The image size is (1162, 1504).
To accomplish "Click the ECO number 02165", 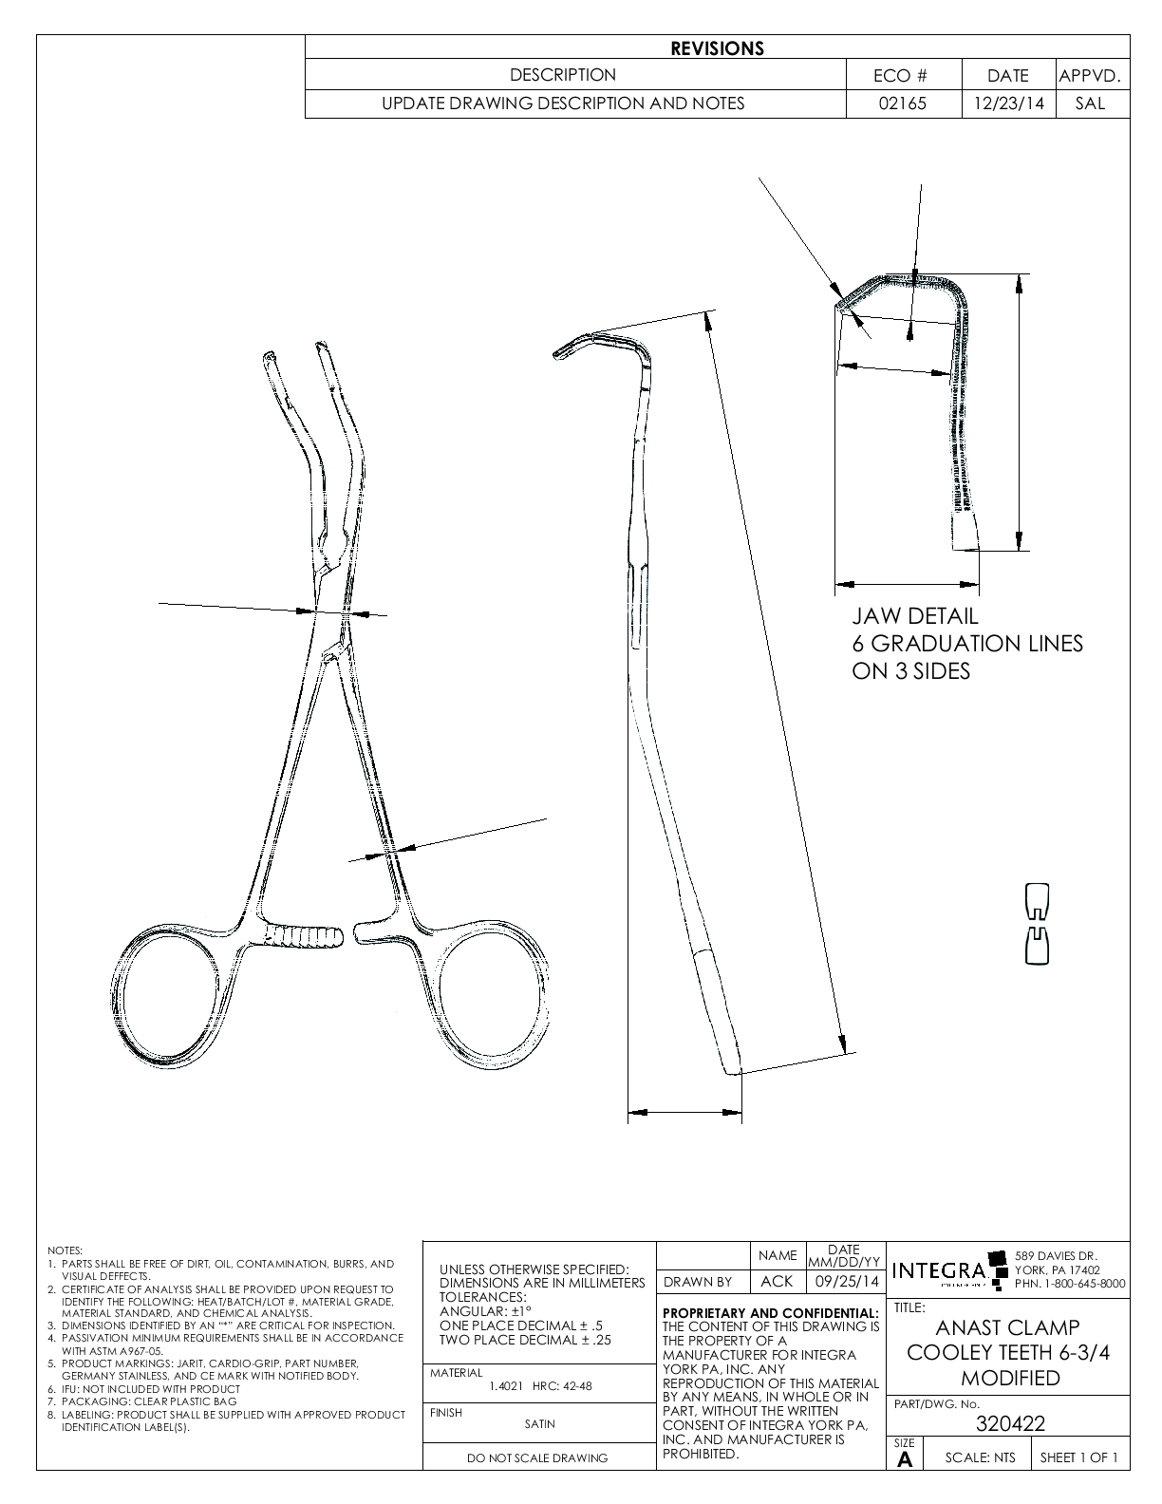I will pos(903,103).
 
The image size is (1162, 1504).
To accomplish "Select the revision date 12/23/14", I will pos(1008,103).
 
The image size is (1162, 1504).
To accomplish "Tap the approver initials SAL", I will pos(1091,103).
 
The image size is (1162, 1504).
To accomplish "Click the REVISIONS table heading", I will pos(717,48).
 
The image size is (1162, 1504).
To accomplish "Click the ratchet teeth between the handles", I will pos(303,936).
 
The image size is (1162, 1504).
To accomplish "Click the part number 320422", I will pos(1010,1423).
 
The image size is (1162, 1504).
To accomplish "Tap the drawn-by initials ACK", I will pos(777,1281).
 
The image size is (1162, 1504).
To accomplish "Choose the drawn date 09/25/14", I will pos(844,1281).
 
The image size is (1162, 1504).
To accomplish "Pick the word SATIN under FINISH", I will pos(539,1423).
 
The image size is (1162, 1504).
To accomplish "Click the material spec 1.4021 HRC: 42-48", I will pos(539,1386).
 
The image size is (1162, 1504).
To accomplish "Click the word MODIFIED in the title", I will pos(1009,1379).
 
